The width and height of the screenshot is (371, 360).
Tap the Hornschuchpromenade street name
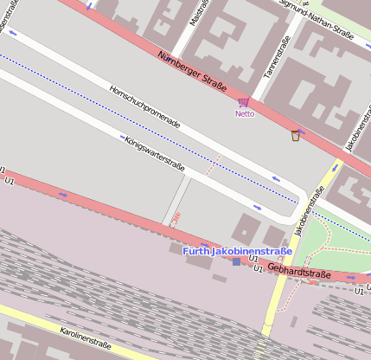click(144, 106)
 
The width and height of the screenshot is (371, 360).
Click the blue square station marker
click(237, 261)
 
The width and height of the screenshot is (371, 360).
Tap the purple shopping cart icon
click(244, 102)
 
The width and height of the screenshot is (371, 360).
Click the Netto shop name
click(245, 113)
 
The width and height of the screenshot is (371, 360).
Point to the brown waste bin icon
click(295, 135)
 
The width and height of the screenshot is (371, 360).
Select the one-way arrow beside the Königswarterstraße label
click(122, 137)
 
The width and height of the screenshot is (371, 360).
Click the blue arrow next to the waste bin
click(301, 132)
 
